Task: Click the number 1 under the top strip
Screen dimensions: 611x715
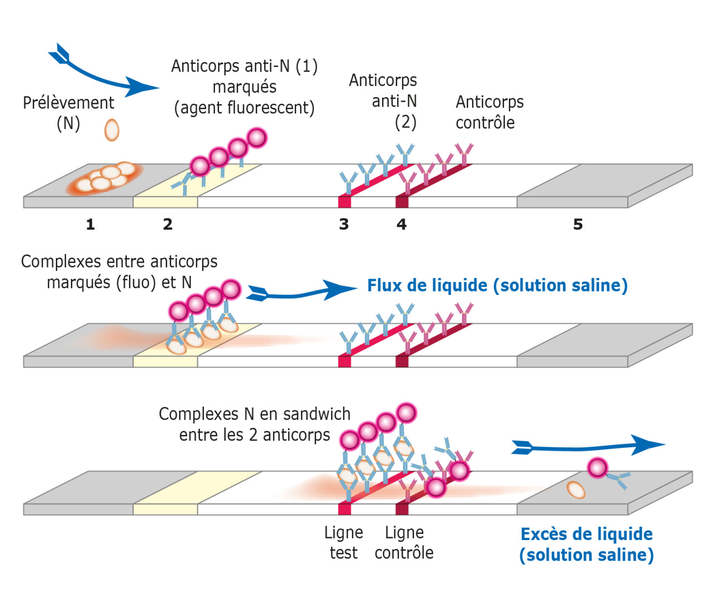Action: pos(90,225)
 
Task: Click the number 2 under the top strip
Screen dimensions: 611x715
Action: pos(168,225)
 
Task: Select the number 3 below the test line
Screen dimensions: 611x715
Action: pos(344,225)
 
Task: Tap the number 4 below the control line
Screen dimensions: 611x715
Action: pos(402,225)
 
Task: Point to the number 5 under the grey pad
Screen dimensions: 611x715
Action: pos(578,225)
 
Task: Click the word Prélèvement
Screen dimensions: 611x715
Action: pos(68,103)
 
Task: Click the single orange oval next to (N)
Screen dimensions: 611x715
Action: pos(112,130)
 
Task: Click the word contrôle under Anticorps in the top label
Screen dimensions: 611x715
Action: pos(485,123)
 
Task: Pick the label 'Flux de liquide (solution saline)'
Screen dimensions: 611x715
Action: pos(497,285)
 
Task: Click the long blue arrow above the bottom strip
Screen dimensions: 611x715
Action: pos(587,446)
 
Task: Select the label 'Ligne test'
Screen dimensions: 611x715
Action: pos(344,542)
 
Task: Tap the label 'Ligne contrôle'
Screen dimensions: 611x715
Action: pos(404,542)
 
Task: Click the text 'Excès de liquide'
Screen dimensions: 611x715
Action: pos(587,534)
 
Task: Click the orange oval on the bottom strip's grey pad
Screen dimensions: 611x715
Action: pos(576,490)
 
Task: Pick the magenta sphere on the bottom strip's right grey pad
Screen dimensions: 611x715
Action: pos(597,467)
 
